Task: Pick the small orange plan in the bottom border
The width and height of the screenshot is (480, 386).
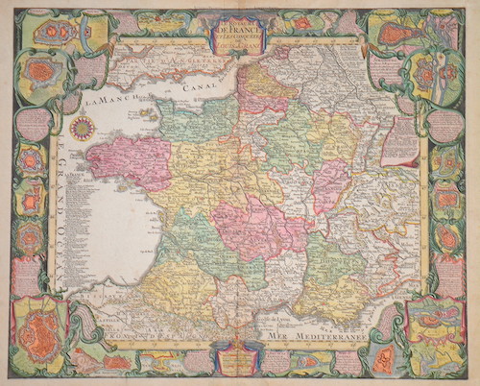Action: click(x=115, y=361)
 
